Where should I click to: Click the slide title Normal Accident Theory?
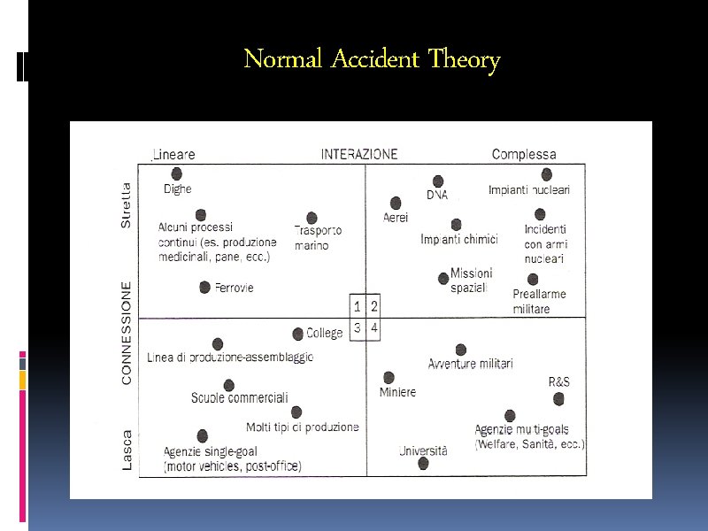[372, 60]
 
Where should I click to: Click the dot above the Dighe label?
[177, 174]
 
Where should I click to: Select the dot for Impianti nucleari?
[547, 174]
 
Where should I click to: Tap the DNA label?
[437, 195]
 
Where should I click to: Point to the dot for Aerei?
[396, 203]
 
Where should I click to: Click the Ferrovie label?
[234, 288]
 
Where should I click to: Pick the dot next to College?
[298, 334]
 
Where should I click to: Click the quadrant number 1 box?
[357, 307]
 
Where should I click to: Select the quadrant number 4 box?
[374, 328]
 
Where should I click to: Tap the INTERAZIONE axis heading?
[359, 154]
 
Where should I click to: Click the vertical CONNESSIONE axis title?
[127, 333]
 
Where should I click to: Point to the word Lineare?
[174, 154]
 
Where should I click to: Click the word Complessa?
[524, 154]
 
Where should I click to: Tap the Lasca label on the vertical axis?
[127, 450]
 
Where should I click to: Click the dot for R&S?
[558, 399]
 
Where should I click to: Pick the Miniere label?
[397, 392]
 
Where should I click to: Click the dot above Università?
[423, 463]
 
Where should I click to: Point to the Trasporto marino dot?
[312, 218]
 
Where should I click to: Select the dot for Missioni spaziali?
[443, 278]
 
